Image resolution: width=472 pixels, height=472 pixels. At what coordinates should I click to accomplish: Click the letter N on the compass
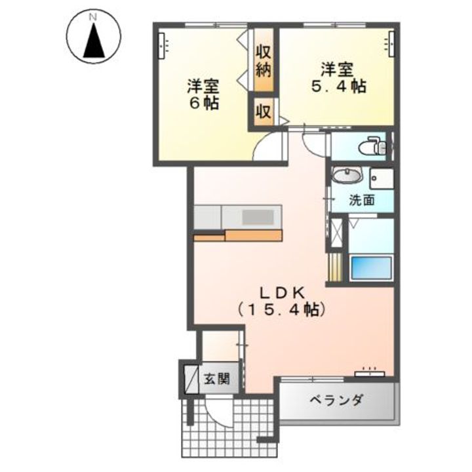93,14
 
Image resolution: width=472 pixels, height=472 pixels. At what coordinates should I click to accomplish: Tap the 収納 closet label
264,59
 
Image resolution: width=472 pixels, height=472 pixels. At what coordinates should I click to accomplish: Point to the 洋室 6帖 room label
203,94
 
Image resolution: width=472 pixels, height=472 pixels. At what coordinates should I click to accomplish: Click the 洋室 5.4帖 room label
337,77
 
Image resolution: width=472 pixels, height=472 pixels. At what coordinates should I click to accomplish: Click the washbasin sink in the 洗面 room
347,176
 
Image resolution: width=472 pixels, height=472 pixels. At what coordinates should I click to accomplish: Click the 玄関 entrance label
216,378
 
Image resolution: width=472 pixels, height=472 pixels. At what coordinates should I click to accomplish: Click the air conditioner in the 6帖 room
163,45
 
